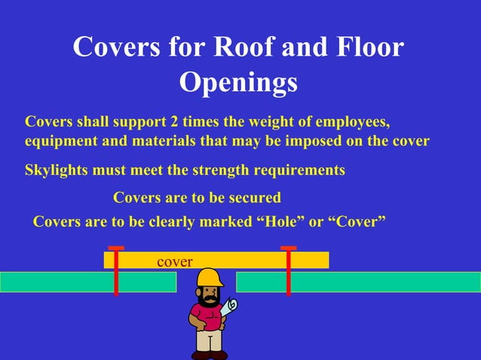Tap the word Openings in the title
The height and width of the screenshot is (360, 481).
pyautogui.click(x=238, y=82)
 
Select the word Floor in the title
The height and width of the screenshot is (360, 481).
pyautogui.click(x=366, y=47)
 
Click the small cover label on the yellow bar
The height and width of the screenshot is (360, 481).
pyautogui.click(x=175, y=261)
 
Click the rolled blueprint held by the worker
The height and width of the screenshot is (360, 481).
pyautogui.click(x=230, y=307)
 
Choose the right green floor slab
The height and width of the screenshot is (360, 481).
pyautogui.click(x=358, y=282)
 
